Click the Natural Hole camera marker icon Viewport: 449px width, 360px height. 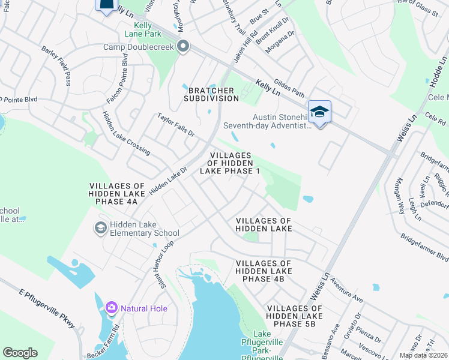coord(111,308)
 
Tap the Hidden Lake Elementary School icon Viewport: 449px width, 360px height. coord(100,228)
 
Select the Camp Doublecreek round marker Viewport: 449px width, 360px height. coord(184,47)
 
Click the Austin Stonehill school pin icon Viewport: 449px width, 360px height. coord(320,112)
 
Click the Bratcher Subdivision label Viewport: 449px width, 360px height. coord(211,94)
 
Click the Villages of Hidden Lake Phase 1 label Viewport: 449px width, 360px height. coord(234,163)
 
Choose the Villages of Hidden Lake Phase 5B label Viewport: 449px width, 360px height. coord(294,316)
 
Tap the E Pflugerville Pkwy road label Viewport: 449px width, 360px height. coord(47,308)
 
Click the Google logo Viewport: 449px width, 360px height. coord(20,353)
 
